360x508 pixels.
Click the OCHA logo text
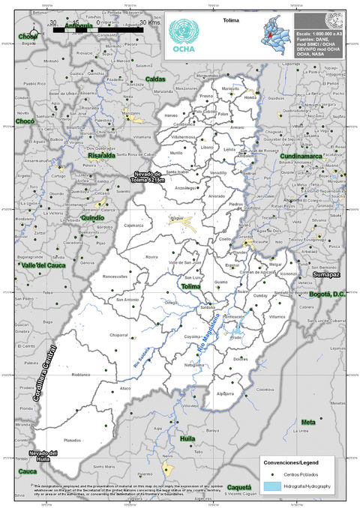[x=184, y=50]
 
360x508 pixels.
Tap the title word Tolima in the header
[x=231, y=22]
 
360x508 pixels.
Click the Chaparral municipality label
[x=119, y=335]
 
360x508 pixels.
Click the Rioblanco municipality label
[x=81, y=373]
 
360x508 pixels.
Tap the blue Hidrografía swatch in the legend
[x=271, y=486]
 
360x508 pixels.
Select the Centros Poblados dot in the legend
[x=271, y=474]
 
